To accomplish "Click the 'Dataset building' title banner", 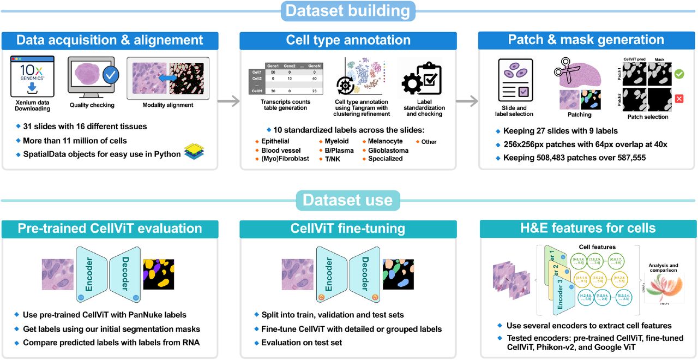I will (x=348, y=11).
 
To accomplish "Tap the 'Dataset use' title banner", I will (x=347, y=200).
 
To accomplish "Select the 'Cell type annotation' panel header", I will (x=348, y=40).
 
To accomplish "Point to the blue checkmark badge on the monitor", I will (x=111, y=74).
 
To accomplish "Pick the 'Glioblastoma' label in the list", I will (x=388, y=150).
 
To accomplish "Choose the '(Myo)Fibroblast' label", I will (x=281, y=159).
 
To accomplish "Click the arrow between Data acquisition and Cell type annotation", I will (x=228, y=101).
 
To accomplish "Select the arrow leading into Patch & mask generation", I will (x=467, y=101).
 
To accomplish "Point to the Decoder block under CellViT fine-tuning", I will (x=364, y=273).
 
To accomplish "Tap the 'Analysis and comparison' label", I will (x=663, y=267).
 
